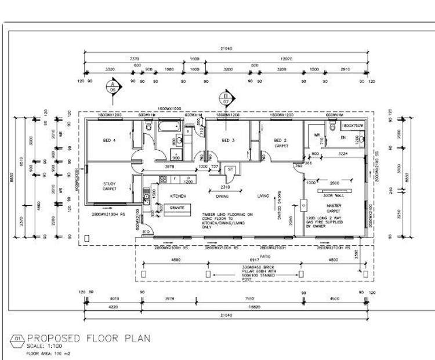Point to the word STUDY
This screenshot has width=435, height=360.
click(110, 184)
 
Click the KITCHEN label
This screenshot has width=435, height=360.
click(177, 196)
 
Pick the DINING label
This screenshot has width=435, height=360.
click(223, 196)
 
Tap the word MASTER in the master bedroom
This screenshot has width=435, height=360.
click(333, 205)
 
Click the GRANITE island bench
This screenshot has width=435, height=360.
click(176, 208)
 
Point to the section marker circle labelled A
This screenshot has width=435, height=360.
click(111, 87)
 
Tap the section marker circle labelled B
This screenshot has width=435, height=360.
click(225, 98)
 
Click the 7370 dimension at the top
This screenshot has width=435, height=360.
click(134, 59)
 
